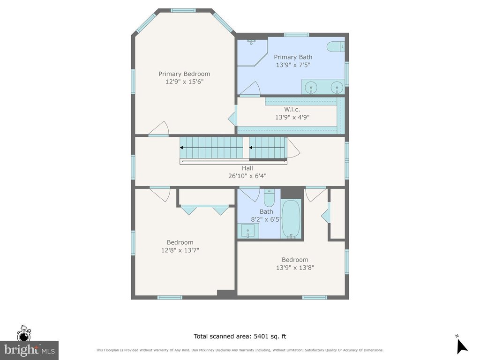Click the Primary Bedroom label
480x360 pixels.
(184, 74)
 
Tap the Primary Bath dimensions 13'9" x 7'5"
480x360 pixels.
(293, 65)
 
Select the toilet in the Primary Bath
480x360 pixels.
(336, 46)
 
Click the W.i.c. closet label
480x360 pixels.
(292, 109)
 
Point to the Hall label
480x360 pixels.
(247, 168)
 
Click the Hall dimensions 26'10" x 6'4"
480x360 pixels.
(247, 176)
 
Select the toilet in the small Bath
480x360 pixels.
(270, 198)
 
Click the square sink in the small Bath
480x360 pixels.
(248, 231)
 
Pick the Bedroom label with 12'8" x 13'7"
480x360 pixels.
(180, 242)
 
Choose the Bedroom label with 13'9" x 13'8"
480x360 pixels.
(295, 260)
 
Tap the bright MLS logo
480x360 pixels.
(30, 350)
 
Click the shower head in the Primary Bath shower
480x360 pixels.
(251, 41)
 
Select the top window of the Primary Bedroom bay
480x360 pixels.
(183, 10)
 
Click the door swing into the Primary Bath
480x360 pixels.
(250, 89)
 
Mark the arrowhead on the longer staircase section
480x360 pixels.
(181, 148)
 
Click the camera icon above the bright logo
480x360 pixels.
(23, 334)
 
